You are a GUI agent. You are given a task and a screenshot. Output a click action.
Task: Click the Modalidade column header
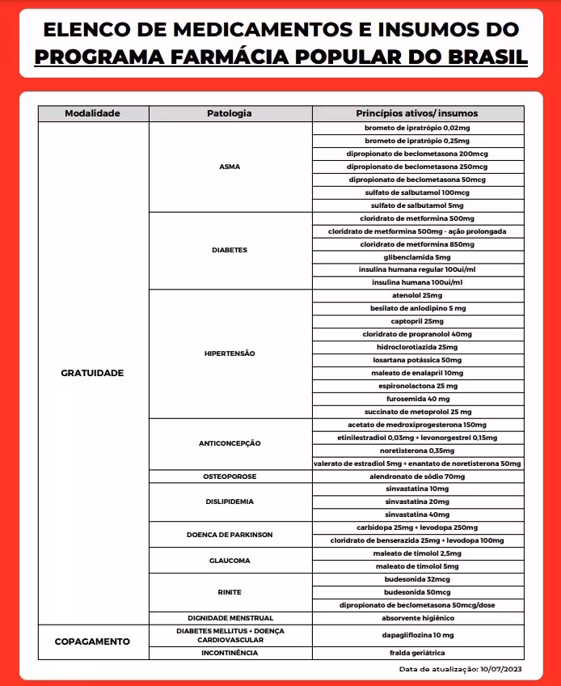(x=93, y=113)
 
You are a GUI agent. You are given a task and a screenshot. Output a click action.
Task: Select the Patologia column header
(x=230, y=113)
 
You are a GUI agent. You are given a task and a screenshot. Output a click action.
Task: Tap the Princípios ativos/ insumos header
(x=417, y=113)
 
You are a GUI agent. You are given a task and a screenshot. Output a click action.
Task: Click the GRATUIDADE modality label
(x=93, y=373)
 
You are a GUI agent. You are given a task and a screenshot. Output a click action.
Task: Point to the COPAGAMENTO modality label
(x=93, y=642)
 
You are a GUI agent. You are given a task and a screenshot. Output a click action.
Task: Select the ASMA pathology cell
(x=230, y=167)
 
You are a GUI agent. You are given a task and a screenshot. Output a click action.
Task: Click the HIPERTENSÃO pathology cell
(x=230, y=354)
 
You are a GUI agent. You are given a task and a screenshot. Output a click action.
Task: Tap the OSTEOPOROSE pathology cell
(x=230, y=476)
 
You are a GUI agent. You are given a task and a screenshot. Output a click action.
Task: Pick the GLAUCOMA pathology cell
(x=230, y=560)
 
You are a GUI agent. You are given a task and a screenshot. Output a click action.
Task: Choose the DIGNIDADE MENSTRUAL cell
(x=230, y=618)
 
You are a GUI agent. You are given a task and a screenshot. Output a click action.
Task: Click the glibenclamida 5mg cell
(x=417, y=256)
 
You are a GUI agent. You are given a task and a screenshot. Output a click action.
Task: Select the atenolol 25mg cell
(x=417, y=295)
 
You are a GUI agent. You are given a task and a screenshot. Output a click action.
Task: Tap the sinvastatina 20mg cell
(x=417, y=502)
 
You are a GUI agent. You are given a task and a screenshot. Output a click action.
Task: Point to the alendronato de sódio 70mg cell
(x=417, y=476)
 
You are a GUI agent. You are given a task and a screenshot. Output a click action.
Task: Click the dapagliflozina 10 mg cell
(x=417, y=636)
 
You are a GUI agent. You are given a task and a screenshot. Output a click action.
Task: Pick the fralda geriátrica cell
(x=417, y=653)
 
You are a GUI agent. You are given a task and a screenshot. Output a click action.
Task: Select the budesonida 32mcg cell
(x=417, y=579)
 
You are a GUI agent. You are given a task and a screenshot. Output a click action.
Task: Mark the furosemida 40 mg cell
(x=417, y=399)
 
